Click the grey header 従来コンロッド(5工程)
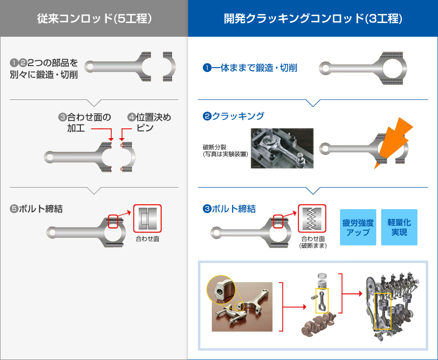point(94,19)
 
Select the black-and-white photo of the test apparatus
point(282,149)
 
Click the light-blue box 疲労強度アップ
point(358,227)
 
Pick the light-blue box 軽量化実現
point(399,227)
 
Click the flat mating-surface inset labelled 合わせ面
point(147,218)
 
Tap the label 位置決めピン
point(149,122)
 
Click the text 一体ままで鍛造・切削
point(250,68)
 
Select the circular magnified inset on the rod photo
point(220,290)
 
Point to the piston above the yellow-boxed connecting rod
point(321,280)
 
